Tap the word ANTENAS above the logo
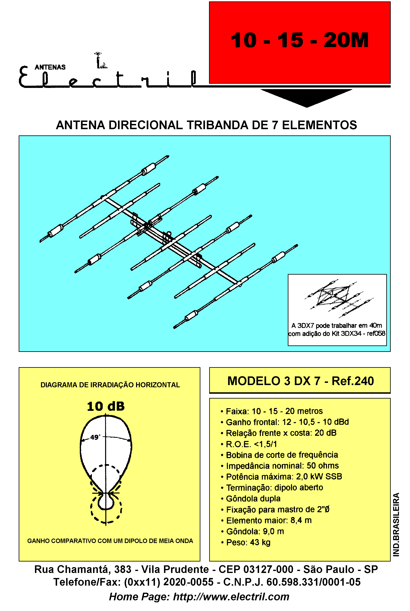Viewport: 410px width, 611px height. [50, 67]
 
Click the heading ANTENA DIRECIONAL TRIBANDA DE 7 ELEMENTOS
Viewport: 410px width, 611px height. [206, 125]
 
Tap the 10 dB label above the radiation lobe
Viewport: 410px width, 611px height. [106, 406]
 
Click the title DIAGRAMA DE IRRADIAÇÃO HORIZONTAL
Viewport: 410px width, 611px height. [110, 385]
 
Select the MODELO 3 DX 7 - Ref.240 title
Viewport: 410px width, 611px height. [300, 381]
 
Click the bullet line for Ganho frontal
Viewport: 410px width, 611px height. [285, 422]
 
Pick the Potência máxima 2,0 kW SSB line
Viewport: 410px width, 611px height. [281, 476]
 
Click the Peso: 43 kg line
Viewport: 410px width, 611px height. [246, 542]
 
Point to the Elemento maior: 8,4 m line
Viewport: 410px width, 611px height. [266, 520]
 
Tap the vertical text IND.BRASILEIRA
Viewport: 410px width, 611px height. [396, 524]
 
